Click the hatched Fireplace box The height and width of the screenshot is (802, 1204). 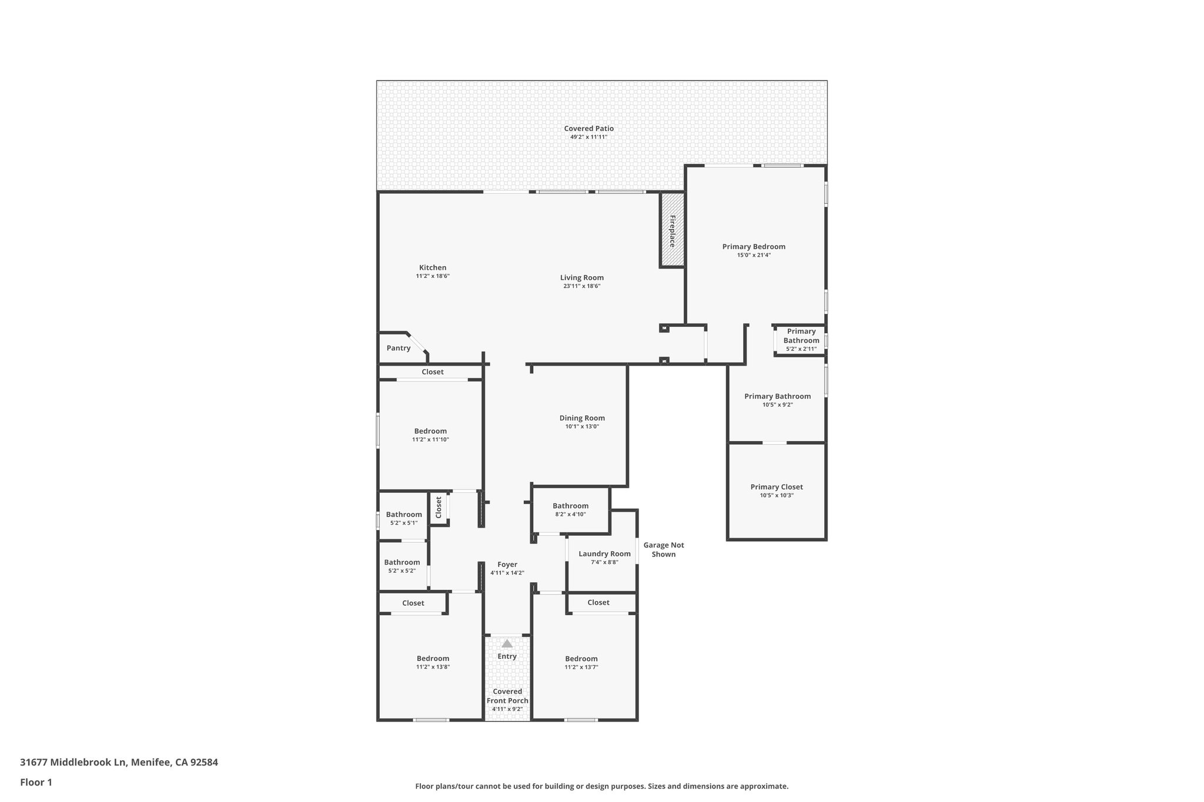(x=672, y=230)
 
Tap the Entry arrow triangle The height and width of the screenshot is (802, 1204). (x=507, y=643)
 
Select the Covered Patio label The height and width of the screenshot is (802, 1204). (x=588, y=129)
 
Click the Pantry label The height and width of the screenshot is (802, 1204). (x=398, y=348)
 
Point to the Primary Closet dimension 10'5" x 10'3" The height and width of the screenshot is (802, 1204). (x=776, y=495)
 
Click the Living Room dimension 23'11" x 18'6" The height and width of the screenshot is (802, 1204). (x=581, y=286)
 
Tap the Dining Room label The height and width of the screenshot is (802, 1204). (x=581, y=418)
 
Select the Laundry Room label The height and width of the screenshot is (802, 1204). (x=604, y=553)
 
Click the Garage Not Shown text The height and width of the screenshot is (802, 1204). (x=663, y=549)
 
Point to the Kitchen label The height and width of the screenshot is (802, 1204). (x=432, y=268)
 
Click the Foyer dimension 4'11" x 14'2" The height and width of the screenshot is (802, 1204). (x=507, y=573)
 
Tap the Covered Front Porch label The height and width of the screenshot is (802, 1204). (x=507, y=696)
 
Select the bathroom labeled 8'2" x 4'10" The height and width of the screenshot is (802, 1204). (x=570, y=509)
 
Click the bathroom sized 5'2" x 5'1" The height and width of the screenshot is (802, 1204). (x=403, y=518)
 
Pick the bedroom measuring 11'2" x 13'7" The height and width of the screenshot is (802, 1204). (x=581, y=662)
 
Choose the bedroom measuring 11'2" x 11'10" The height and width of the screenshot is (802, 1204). (x=430, y=435)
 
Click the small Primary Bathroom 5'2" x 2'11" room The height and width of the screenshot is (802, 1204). (x=801, y=340)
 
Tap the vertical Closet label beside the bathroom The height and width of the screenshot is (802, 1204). (x=439, y=508)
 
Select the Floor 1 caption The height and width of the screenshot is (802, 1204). (x=36, y=782)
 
